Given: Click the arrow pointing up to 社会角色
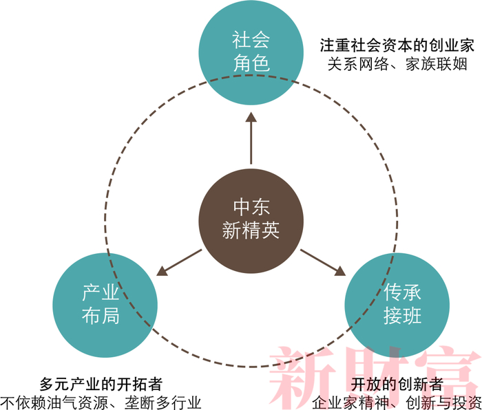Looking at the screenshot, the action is coord(251,141).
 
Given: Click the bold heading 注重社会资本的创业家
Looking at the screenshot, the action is coord(397,46).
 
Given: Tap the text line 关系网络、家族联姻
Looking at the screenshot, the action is coord(397,65).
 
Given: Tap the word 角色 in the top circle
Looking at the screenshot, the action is coord(251,64).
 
